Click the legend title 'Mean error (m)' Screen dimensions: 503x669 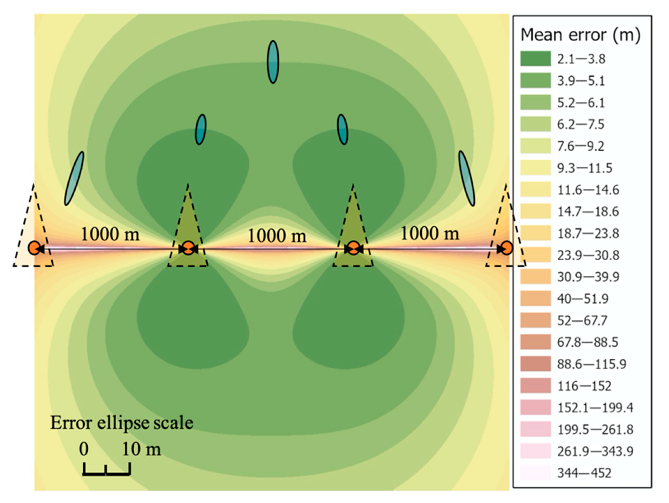[580, 35]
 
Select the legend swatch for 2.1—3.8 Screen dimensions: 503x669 [535, 59]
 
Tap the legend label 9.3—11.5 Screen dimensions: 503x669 [585, 168]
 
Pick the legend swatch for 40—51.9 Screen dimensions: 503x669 [535, 299]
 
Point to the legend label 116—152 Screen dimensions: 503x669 [584, 386]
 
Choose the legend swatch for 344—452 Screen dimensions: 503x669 [535, 473]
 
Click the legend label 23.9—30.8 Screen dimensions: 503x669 [588, 256]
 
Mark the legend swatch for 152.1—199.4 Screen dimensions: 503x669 [535, 407]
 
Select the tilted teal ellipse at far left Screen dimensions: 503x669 [74, 178]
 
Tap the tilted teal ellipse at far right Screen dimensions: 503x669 [467, 178]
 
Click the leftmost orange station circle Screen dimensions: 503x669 [34, 248]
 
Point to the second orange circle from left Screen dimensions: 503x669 [188, 249]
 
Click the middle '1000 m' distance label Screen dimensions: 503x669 [277, 236]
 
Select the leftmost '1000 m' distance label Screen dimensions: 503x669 [110, 234]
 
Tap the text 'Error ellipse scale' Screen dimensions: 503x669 [122, 423]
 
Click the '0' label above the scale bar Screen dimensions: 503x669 [84, 449]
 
